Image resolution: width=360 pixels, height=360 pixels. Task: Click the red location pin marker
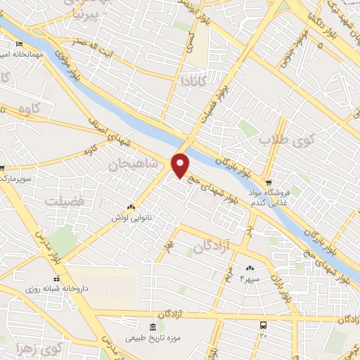tap(181, 165)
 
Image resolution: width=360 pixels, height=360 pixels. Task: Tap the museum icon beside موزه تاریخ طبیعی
tap(153, 327)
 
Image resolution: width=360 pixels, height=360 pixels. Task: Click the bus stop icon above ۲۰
tap(264, 326)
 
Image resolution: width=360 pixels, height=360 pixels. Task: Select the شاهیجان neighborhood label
tap(129, 165)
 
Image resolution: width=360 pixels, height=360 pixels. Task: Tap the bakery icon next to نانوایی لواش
tap(131, 207)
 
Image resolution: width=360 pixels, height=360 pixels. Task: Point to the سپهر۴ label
tap(250, 279)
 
